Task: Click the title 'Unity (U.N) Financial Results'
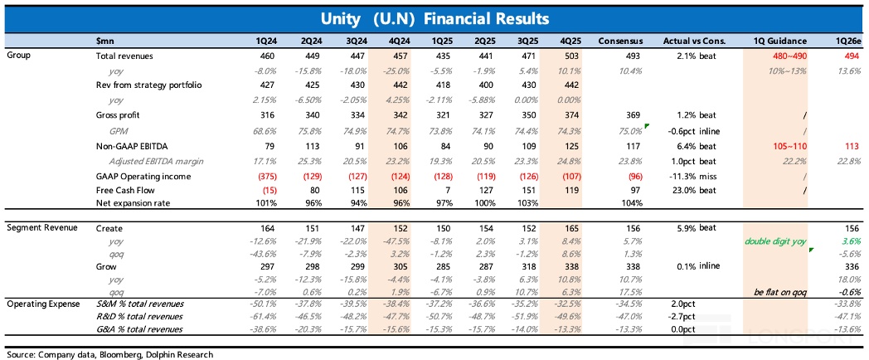coord(434,17)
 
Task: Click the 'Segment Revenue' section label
coord(41,226)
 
